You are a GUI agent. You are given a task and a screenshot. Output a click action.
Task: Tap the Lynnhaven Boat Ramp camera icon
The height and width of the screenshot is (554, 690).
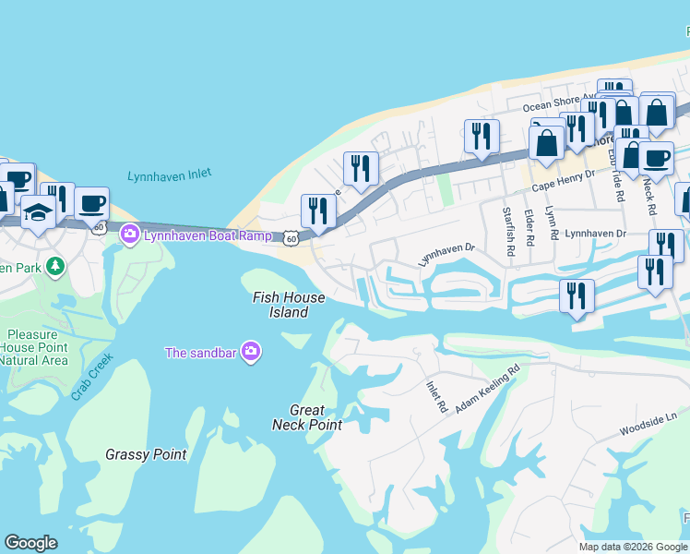tap(129, 235)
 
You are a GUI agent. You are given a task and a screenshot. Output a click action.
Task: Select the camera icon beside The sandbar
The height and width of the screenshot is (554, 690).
tap(250, 351)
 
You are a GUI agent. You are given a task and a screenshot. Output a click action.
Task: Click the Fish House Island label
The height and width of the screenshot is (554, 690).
tap(289, 305)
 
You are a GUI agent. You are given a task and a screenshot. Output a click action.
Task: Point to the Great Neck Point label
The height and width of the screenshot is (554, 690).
tap(307, 417)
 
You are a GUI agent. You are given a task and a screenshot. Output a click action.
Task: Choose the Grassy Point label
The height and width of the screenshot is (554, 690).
tap(146, 454)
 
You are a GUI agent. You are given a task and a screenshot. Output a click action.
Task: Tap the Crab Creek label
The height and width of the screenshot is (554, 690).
tap(92, 376)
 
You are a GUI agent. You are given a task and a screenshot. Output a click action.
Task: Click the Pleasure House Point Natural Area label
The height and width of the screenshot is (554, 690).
tap(36, 347)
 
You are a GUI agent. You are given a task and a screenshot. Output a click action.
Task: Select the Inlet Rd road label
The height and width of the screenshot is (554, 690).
tap(436, 396)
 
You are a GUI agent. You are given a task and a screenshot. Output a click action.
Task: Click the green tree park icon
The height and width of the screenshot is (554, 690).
tap(56, 267)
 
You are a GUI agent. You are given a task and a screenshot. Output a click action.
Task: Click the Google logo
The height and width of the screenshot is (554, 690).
tap(30, 543)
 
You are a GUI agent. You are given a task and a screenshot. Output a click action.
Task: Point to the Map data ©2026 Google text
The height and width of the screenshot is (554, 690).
tap(633, 547)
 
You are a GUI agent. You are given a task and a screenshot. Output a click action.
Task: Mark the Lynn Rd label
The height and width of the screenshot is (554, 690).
tap(552, 223)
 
